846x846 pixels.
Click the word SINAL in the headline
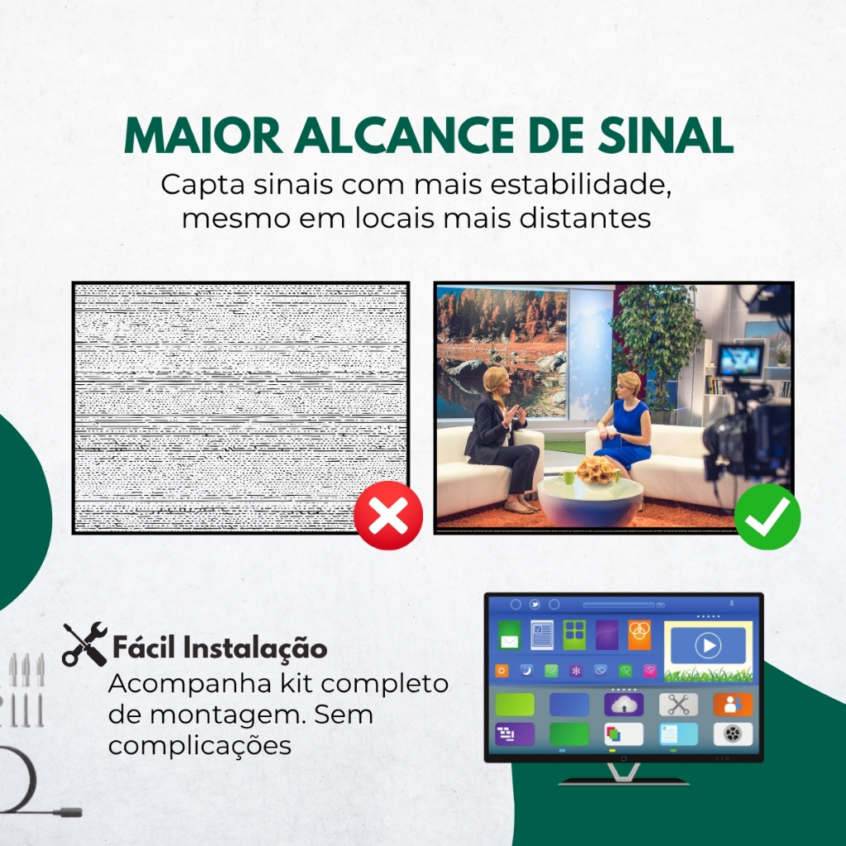coord(665,135)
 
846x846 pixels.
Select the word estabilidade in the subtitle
coord(581,184)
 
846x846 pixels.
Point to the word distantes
coord(585,218)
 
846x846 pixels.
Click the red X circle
coord(388,516)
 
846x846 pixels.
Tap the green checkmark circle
coord(768,516)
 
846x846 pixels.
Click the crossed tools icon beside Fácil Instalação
coord(85,644)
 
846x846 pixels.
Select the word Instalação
coord(254,648)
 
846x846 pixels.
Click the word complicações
coord(200,746)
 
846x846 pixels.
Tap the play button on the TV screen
coord(708,645)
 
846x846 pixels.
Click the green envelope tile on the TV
coord(509,635)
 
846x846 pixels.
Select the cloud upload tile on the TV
coord(624,704)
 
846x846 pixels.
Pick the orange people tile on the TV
coord(733,704)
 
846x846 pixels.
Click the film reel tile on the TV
coord(733,734)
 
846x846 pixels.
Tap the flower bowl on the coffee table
coord(596,472)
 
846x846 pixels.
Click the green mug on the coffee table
coord(568,477)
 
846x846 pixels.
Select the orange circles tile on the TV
coord(639,635)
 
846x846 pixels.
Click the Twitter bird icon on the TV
coord(535,604)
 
